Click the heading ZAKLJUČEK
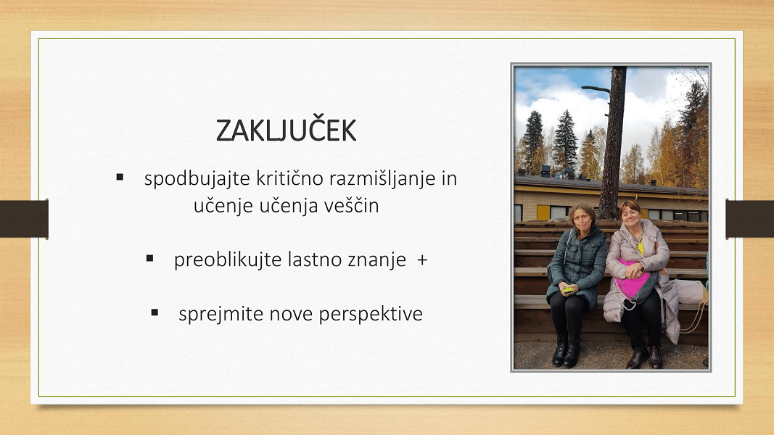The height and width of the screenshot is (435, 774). (286, 130)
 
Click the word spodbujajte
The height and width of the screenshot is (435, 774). (197, 178)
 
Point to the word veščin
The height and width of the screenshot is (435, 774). (352, 205)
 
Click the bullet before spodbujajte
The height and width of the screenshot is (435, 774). (120, 177)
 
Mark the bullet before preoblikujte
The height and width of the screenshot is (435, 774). (150, 258)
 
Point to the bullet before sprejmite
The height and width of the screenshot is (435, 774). (155, 312)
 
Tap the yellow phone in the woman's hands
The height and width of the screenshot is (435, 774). (568, 289)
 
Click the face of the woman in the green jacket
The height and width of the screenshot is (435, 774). (582, 218)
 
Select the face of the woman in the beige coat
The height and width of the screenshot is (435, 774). (631, 215)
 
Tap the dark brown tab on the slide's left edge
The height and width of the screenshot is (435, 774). (24, 219)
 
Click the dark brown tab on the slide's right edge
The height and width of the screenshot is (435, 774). (750, 219)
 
